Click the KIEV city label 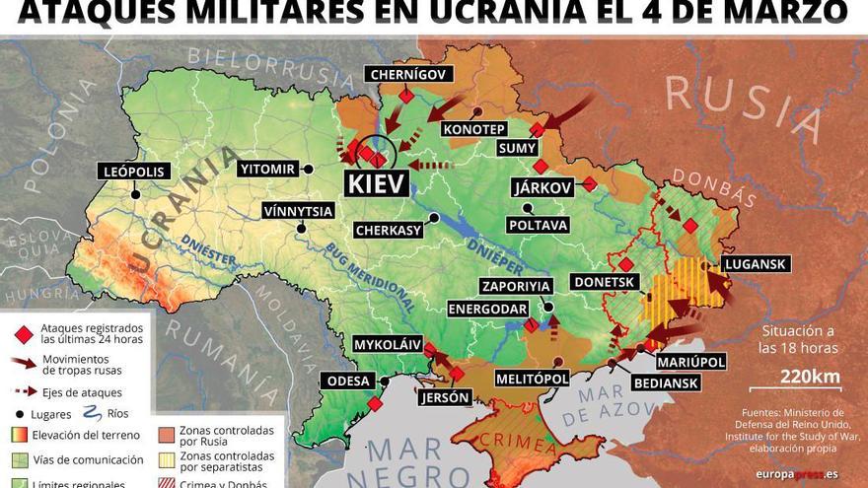[375, 184]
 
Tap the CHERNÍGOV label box [409, 74]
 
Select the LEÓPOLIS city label [135, 171]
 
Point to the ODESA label [346, 382]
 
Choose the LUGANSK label [755, 264]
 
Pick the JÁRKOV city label [542, 187]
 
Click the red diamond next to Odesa [375, 403]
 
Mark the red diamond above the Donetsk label [625, 264]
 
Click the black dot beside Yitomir [308, 170]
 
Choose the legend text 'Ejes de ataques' [75, 392]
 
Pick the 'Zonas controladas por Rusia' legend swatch [165, 434]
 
